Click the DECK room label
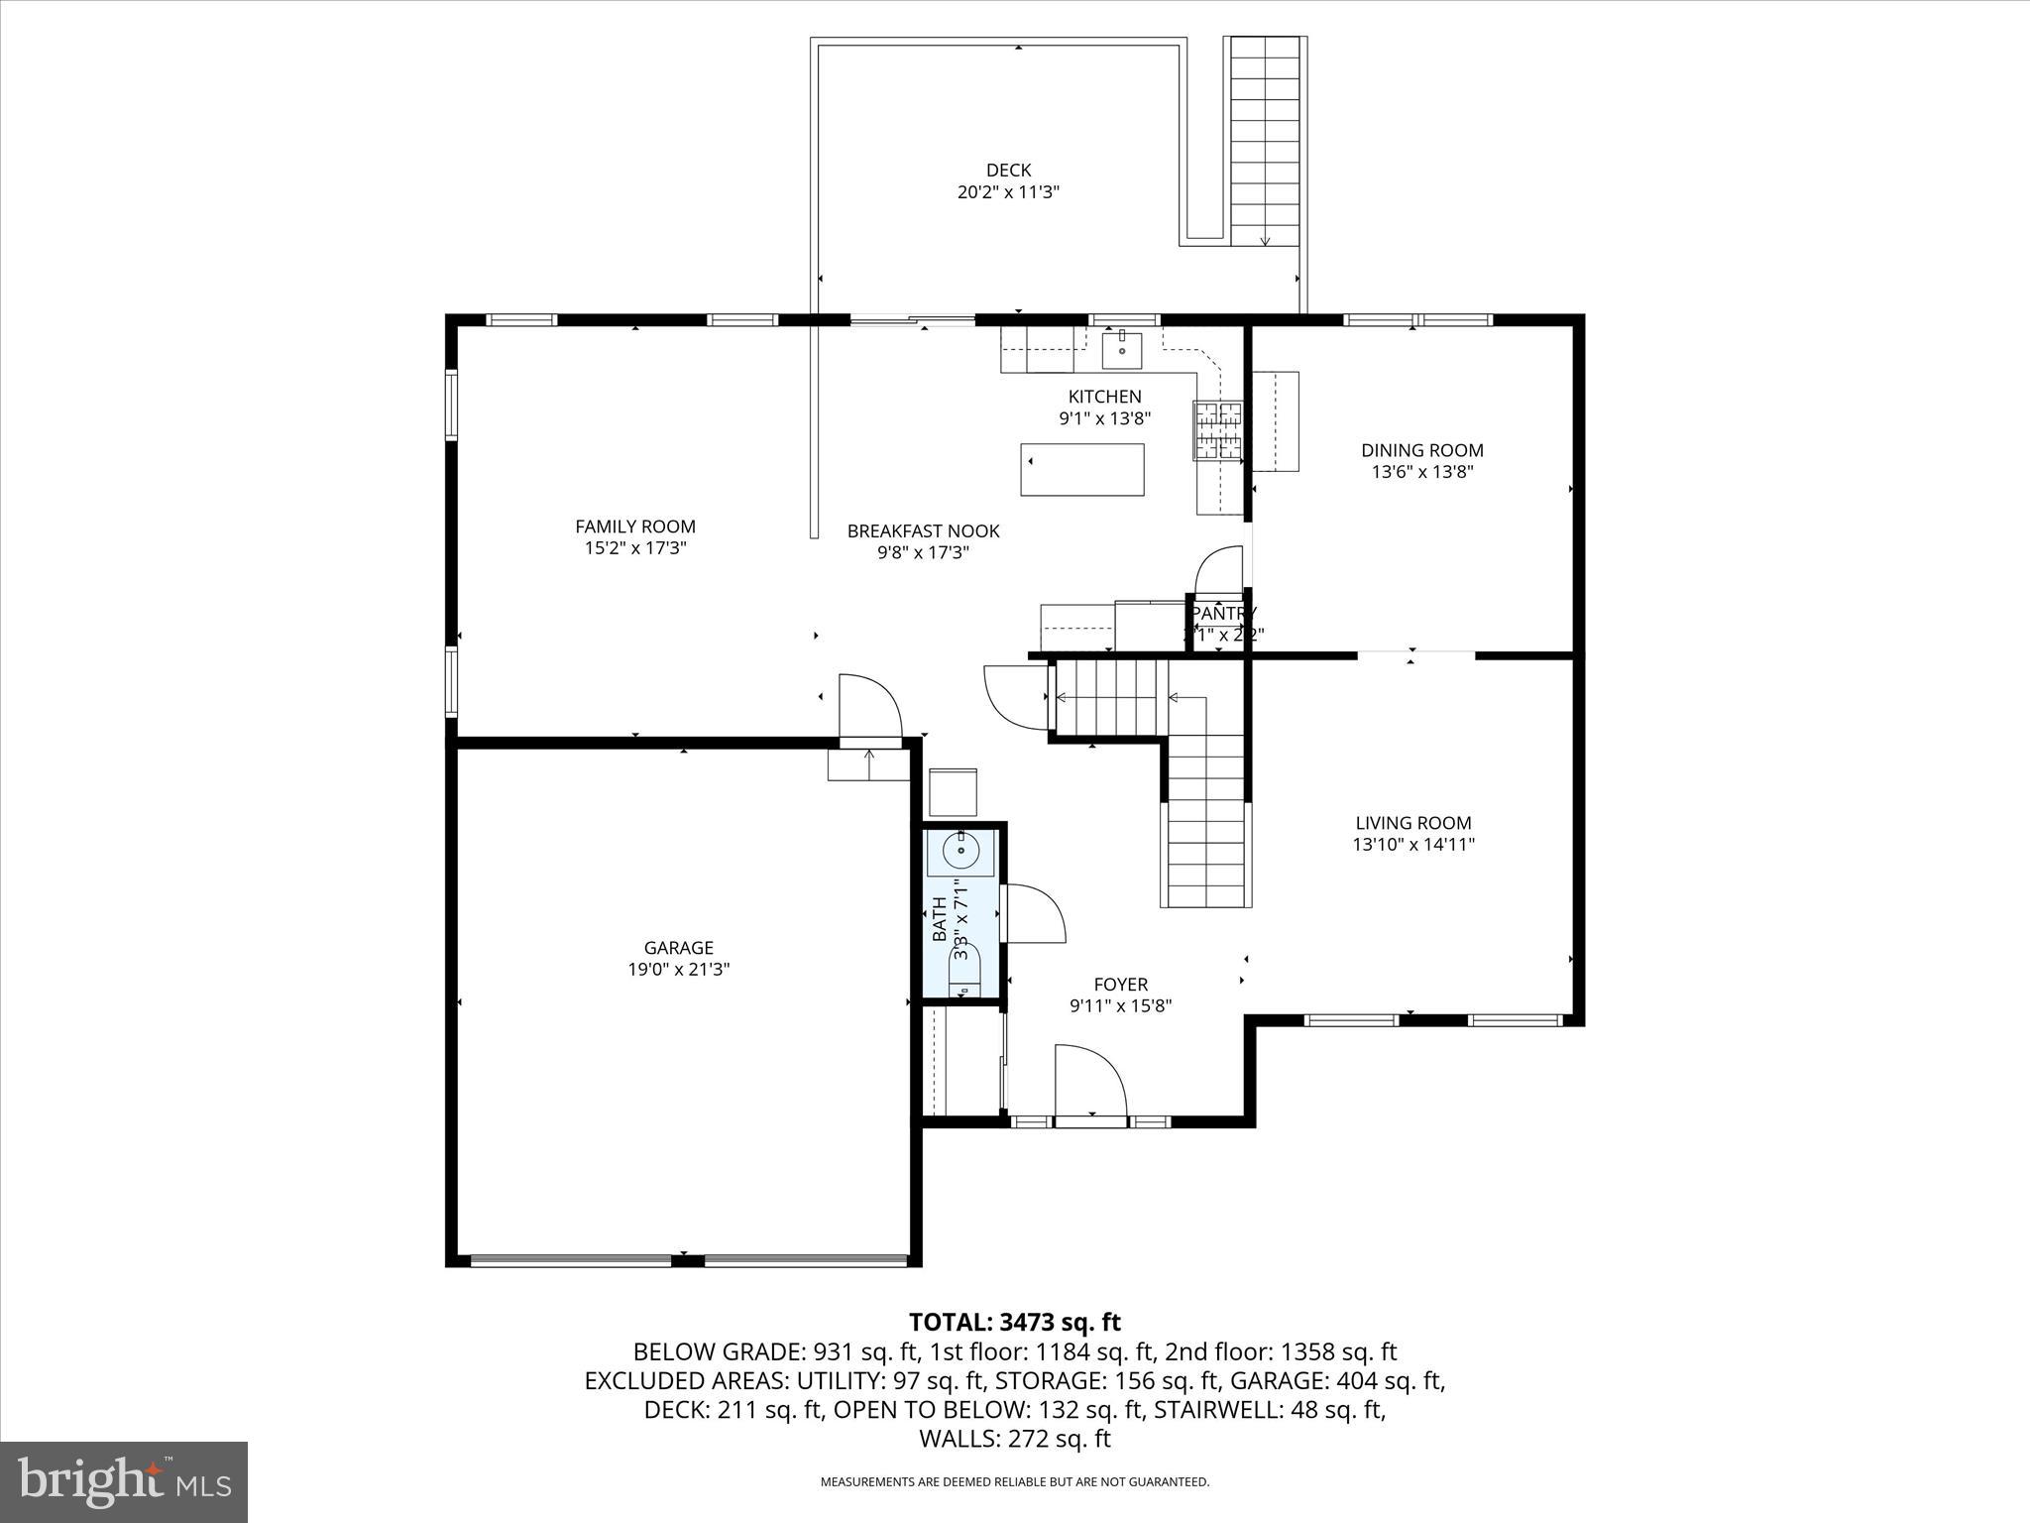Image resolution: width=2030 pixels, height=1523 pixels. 1008,171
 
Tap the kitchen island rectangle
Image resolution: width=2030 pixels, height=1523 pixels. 1081,470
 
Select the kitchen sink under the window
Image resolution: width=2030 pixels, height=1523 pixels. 1122,350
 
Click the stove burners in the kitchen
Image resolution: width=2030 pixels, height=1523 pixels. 1218,429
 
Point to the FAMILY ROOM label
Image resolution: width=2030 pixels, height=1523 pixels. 635,527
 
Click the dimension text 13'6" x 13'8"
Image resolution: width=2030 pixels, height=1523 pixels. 1421,472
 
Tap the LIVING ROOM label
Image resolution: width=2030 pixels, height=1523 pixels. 1412,823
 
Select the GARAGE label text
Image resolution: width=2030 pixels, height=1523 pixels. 678,948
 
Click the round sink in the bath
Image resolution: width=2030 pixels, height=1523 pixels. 960,851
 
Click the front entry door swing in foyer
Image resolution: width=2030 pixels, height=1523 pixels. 1089,1083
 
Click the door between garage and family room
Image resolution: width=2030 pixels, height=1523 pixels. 868,706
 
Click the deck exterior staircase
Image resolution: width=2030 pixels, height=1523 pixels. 1265,141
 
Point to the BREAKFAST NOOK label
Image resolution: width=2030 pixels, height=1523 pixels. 923,531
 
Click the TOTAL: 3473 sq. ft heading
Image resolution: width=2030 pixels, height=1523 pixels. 1014,1322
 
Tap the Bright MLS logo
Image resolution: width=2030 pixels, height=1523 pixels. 124,1481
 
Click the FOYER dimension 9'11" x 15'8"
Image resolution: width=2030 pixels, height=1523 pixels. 1120,1006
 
